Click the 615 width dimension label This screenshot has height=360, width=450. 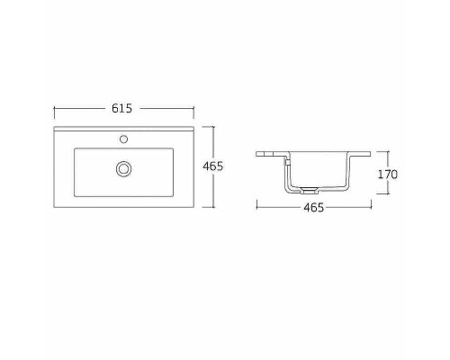(123, 108)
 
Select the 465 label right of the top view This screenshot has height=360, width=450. (238, 166)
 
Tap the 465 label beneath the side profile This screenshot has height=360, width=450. (313, 208)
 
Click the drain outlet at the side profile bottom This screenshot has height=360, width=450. (309, 191)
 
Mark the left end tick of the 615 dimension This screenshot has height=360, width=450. (56, 108)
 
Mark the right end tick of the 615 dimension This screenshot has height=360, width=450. (193, 108)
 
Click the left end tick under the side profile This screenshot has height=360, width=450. (257, 208)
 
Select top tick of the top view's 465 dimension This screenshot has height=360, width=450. (214, 127)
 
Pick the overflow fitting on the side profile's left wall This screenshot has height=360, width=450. (286, 162)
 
